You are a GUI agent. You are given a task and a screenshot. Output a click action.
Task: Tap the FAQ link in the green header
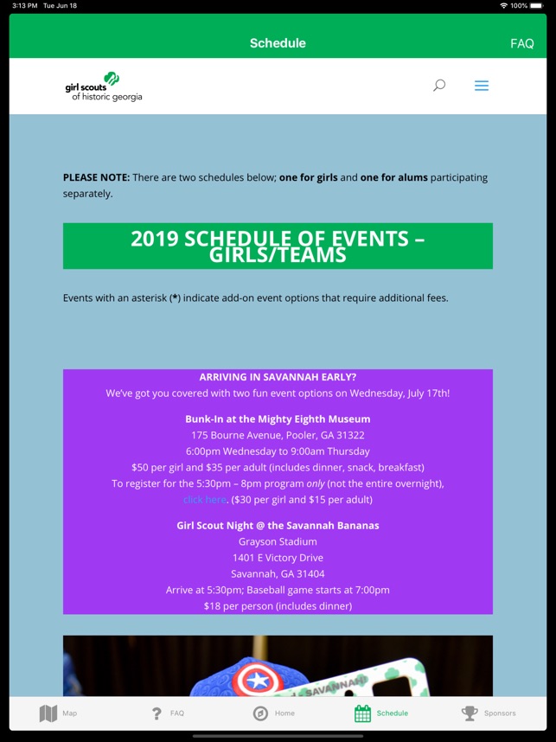[x=521, y=43]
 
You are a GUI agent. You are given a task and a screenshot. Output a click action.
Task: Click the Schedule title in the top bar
[x=278, y=43]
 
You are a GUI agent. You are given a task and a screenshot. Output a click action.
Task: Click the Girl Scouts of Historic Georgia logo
[x=104, y=86]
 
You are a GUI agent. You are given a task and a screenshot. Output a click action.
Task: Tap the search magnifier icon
[x=439, y=86]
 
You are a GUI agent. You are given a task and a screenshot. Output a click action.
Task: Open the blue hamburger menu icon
[x=482, y=86]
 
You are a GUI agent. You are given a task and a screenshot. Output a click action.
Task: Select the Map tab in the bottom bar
[x=48, y=713]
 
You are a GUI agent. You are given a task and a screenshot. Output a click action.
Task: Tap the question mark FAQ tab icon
[x=157, y=713]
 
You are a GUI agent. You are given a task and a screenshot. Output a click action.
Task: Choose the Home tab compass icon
[x=260, y=713]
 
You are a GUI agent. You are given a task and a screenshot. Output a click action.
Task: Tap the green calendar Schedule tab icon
[x=363, y=713]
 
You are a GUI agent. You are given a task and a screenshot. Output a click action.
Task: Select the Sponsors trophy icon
[x=470, y=713]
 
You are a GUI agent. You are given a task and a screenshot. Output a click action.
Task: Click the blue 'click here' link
[x=205, y=500]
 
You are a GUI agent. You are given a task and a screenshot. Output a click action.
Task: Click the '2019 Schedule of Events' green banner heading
[x=278, y=246]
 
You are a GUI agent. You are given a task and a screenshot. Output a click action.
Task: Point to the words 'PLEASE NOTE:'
[x=96, y=177]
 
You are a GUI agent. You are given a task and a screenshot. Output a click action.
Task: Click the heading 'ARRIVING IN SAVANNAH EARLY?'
[x=278, y=377]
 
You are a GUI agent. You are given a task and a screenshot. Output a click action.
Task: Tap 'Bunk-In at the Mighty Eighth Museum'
[x=278, y=419]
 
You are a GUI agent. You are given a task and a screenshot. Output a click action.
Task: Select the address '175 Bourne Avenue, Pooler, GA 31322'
[x=278, y=435]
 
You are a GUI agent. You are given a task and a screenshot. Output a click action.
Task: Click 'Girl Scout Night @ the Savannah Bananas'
[x=278, y=526]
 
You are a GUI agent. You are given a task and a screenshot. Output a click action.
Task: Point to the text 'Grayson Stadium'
[x=278, y=542]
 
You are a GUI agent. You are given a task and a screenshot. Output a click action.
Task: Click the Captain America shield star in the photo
[x=258, y=680]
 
